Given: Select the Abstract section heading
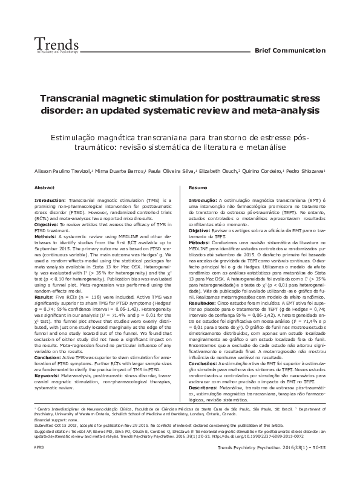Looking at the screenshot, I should [x=44, y=188].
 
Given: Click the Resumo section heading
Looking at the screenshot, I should [x=198, y=188].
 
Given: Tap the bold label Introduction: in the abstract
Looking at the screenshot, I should [x=50, y=199].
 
